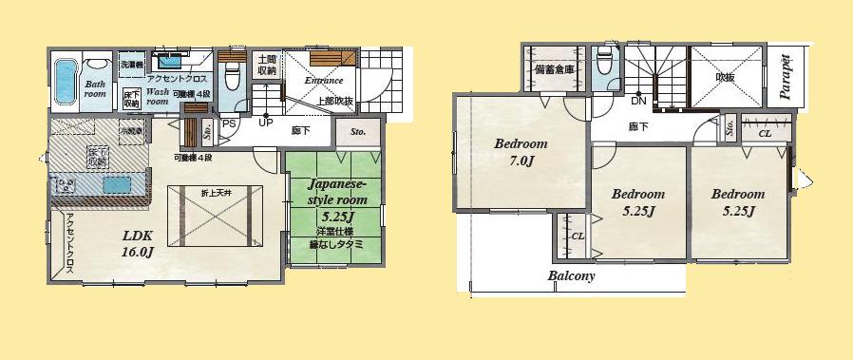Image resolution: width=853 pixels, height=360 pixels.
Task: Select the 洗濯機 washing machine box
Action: (x=131, y=64)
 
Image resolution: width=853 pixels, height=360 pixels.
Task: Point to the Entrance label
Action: (x=323, y=81)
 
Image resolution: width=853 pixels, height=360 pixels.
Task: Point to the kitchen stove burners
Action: (x=66, y=184)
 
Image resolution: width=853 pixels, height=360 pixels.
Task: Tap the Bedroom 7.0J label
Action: (x=521, y=151)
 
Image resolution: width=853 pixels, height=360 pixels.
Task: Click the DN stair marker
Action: (x=639, y=101)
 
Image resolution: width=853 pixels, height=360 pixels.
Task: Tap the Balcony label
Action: (x=571, y=276)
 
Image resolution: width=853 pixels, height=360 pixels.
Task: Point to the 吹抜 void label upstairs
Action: (x=725, y=77)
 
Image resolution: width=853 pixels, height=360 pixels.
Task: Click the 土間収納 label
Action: (x=267, y=64)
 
